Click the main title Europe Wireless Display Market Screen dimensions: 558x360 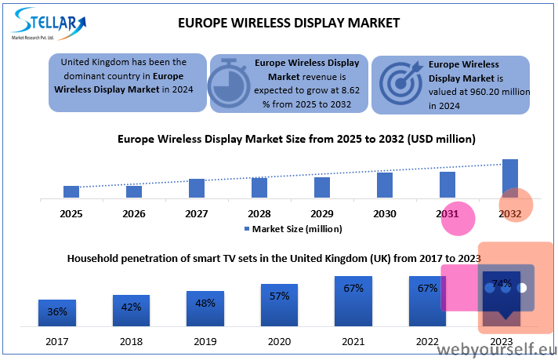coord(288,24)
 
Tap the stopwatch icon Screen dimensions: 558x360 coord(229,83)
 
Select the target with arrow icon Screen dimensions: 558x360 coord(400,83)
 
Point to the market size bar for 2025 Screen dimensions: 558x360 coord(71,191)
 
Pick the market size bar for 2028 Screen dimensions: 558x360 coord(259,187)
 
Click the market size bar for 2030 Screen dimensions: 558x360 coord(385,185)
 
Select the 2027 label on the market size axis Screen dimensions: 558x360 coord(197,213)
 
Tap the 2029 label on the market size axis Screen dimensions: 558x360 coord(322,213)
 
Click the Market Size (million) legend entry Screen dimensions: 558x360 coord(293,229)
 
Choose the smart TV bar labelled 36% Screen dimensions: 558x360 coord(57,313)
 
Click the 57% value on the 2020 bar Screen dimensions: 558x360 coord(279,296)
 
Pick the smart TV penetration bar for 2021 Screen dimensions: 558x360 coord(353,301)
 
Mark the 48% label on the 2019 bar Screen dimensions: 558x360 coord(205,304)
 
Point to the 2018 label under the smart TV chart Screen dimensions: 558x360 coord(132,341)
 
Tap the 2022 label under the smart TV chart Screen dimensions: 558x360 coord(427,341)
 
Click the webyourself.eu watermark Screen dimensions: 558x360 coord(497,350)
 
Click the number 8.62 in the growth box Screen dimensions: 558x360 coord(350,90)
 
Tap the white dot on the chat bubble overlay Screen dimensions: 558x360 coord(522,288)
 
